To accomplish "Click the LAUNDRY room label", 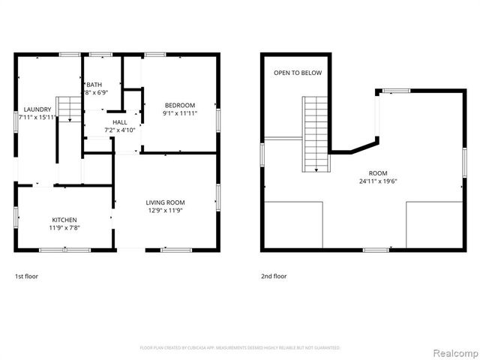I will coord(37,109).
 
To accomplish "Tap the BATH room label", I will coord(94,85).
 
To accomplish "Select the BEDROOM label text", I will coord(180,105).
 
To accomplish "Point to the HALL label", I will coord(120,121).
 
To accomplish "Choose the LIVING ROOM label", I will coord(165,202).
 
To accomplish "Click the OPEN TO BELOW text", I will coord(298,73).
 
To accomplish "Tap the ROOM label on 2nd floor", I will coord(378,172).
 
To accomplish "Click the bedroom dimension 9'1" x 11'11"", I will coord(180,113).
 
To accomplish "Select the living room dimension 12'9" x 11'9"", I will coord(165,211).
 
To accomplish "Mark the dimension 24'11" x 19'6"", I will coord(378,181).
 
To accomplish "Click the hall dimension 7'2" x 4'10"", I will coord(120,130).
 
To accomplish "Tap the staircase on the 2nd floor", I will coord(315,133).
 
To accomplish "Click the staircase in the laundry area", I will coord(69,109).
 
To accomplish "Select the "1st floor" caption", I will coord(26,276).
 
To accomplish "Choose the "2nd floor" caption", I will coord(274,276).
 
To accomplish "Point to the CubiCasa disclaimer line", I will coord(240,348).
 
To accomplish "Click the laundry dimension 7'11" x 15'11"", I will coord(37,117).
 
